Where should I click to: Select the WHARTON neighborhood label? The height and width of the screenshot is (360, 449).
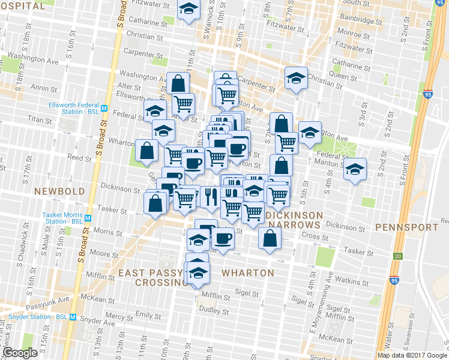coord(248,273)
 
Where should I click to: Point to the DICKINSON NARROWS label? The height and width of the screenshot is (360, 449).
coord(294,220)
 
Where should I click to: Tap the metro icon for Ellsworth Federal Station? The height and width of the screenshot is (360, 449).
coord(104,109)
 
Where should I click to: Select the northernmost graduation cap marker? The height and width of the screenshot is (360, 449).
coord(188,9)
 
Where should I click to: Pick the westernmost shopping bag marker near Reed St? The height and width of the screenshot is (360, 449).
coord(147,151)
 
